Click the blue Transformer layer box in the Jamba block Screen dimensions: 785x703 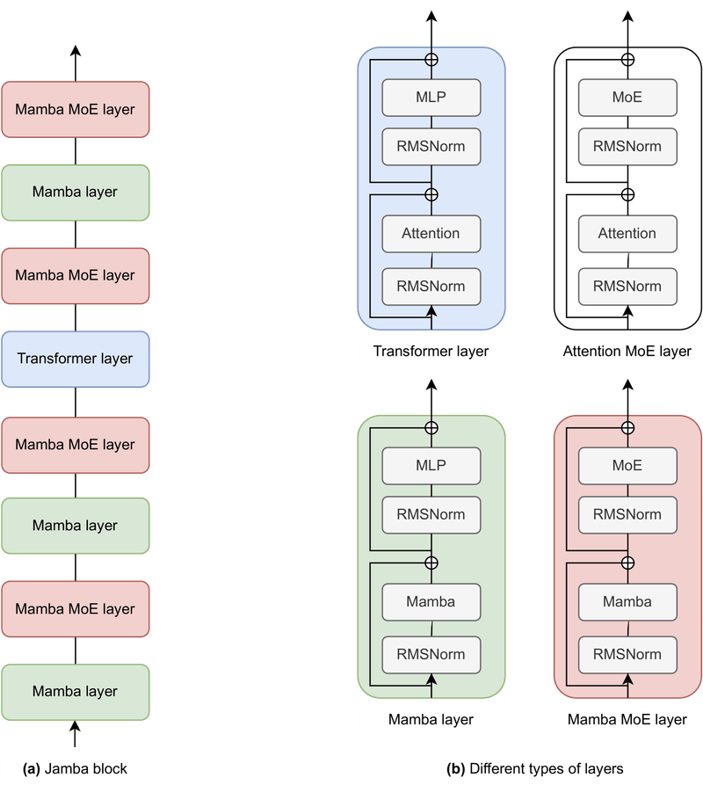point(76,359)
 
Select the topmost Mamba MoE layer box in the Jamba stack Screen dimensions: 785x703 point(76,110)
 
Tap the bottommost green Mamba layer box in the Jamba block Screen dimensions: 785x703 point(76,692)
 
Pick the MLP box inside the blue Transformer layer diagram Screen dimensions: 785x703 point(431,97)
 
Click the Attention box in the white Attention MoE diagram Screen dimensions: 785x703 point(627,234)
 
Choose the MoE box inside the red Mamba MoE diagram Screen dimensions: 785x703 point(627,465)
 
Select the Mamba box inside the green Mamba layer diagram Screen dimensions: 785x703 point(431,602)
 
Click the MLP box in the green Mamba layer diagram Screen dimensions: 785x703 point(431,465)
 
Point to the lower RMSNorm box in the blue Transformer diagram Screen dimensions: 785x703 point(431,286)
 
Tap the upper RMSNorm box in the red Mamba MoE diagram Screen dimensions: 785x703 point(627,514)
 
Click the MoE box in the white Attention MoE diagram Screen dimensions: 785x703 point(627,97)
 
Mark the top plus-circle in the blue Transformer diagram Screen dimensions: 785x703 point(431,59)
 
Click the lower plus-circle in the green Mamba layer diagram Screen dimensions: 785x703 point(431,563)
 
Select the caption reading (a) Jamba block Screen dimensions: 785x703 point(76,768)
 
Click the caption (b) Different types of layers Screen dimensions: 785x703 point(536,768)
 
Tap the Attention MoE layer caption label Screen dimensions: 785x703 point(627,352)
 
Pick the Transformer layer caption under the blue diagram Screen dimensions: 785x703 point(431,352)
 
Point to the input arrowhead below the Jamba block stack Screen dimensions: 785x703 point(76,728)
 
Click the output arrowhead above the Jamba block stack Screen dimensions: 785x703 point(76,51)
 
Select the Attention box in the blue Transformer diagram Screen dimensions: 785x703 point(431,234)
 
